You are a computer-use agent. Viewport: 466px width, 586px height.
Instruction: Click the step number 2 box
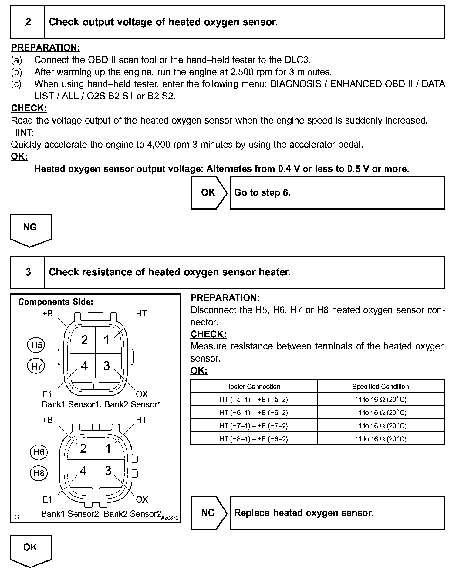tap(28, 22)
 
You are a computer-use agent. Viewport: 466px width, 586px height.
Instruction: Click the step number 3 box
tap(28, 272)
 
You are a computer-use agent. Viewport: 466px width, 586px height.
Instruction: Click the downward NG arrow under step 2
tap(31, 229)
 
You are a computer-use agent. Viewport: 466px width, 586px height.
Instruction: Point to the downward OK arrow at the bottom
tap(31, 549)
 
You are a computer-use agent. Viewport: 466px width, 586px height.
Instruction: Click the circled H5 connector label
tap(36, 345)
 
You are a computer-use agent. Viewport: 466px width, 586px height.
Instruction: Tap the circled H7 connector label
tap(36, 366)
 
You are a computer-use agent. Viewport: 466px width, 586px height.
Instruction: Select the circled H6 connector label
tap(39, 452)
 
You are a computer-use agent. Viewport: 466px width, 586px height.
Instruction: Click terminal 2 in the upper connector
tap(84, 340)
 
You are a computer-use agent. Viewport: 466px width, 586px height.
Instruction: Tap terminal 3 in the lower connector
tap(108, 471)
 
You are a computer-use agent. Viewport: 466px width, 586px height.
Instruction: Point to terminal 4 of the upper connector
tap(84, 366)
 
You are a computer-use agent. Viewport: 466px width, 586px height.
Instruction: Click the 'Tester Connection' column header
tap(254, 386)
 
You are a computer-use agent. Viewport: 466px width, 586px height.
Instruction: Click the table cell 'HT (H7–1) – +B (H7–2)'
tap(254, 426)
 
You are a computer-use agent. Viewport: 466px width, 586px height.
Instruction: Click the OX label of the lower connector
tap(142, 499)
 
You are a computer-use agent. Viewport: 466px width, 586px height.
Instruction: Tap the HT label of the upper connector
tap(141, 313)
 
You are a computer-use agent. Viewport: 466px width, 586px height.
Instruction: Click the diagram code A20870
tap(170, 518)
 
